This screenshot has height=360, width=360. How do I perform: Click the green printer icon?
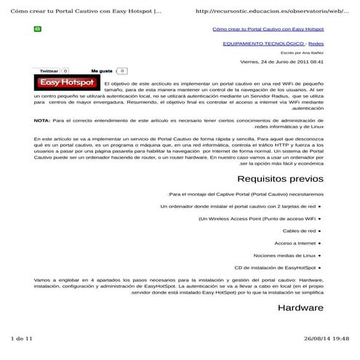(38, 30)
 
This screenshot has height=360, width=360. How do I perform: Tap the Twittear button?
(49, 71)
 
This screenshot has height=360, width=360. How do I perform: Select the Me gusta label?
(101, 71)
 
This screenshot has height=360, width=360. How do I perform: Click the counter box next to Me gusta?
(121, 71)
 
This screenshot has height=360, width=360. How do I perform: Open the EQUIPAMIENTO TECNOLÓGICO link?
(263, 44)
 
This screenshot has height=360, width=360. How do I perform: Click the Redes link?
(316, 44)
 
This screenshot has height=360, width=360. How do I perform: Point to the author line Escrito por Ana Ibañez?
(303, 52)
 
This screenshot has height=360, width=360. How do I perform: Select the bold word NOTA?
(41, 120)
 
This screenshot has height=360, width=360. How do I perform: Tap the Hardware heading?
(300, 308)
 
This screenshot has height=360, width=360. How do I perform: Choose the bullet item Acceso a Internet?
(295, 243)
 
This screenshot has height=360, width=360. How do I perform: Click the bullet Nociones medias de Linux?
(284, 255)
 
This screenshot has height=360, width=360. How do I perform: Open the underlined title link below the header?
(268, 30)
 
